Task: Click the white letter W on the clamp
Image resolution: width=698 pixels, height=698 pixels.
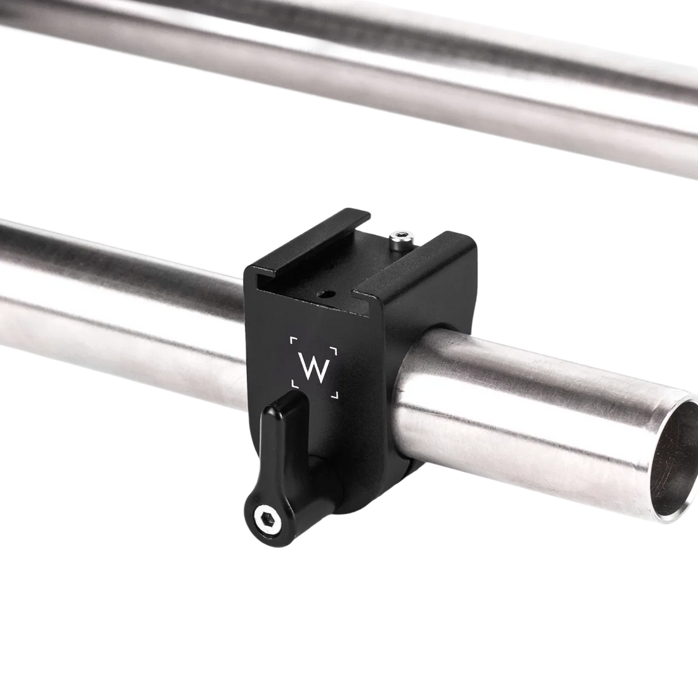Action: [312, 367]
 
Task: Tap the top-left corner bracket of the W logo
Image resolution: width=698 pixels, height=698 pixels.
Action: [293, 341]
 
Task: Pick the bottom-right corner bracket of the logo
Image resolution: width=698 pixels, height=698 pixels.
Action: [334, 395]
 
